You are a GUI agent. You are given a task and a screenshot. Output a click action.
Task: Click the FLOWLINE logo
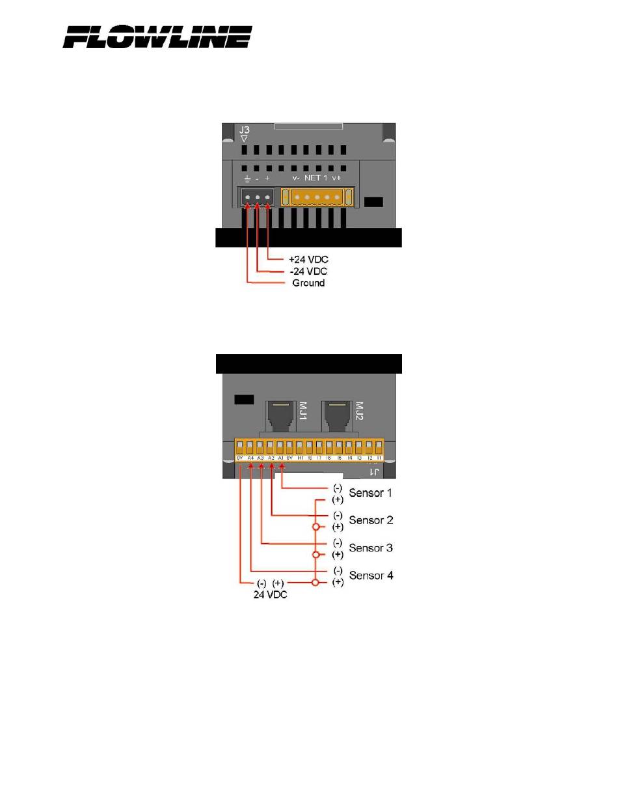tap(157, 37)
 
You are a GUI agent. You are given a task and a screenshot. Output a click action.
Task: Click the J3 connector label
tap(244, 130)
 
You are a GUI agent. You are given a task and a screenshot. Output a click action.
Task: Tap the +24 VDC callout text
tap(308, 259)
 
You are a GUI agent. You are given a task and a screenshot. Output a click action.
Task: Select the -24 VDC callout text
tap(308, 271)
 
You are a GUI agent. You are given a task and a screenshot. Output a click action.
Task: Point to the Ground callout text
tap(308, 283)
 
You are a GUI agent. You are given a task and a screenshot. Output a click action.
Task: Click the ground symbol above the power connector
tap(247, 178)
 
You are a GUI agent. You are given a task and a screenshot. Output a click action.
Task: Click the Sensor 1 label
tap(371, 493)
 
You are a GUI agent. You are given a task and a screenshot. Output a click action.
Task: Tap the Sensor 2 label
tap(371, 520)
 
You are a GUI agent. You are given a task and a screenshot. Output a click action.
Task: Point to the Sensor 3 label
tap(371, 548)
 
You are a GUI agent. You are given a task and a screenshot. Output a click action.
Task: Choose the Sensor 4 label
tap(371, 576)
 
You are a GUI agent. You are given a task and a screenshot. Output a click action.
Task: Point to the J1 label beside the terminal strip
tap(375, 471)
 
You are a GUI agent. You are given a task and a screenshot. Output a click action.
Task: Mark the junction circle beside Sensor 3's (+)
tap(316, 555)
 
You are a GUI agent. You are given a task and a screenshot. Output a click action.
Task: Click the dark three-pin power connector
tap(257, 197)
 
